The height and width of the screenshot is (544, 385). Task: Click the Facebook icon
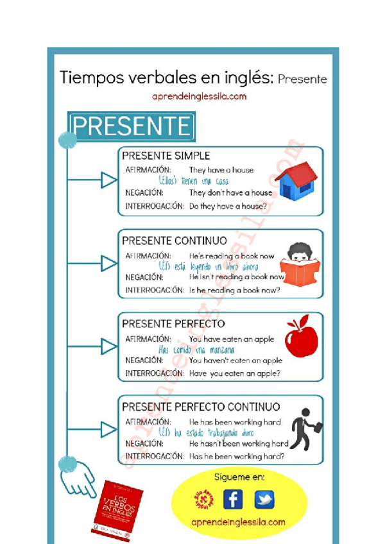click(233, 499)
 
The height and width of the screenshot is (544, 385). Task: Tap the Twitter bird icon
click(264, 499)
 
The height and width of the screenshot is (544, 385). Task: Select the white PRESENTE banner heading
click(131, 126)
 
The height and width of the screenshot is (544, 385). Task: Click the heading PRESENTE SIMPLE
click(166, 156)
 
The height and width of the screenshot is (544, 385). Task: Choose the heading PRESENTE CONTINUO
click(175, 241)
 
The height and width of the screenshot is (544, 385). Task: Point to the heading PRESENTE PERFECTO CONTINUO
click(201, 407)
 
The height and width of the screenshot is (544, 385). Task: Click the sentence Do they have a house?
click(228, 207)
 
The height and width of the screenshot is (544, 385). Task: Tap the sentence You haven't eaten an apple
click(235, 361)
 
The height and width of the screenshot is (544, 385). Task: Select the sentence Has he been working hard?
click(237, 456)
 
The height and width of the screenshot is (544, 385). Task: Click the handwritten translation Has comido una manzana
click(196, 350)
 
